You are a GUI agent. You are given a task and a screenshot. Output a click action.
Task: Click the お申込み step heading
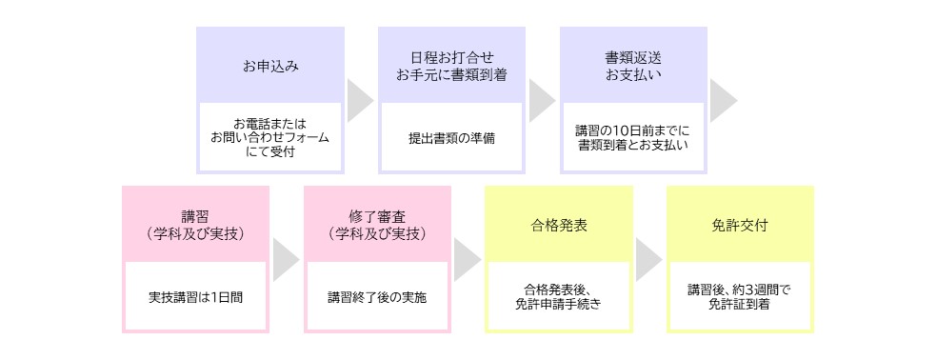269,67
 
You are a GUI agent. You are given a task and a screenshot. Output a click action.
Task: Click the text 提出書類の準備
451,137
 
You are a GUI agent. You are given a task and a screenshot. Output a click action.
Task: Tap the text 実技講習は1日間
195,296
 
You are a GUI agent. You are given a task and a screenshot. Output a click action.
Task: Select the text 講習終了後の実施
377,296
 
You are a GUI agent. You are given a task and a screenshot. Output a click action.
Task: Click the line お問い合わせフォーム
269,137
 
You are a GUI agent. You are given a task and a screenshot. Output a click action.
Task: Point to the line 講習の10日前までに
633,130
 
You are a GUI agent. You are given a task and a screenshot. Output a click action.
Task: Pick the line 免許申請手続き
559,304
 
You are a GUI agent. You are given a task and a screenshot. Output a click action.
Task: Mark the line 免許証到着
740,304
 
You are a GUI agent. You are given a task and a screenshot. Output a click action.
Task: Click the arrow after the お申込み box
359,100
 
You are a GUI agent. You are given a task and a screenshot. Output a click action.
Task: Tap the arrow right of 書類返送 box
723,100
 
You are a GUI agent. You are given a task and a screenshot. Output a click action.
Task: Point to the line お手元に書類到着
451,74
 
